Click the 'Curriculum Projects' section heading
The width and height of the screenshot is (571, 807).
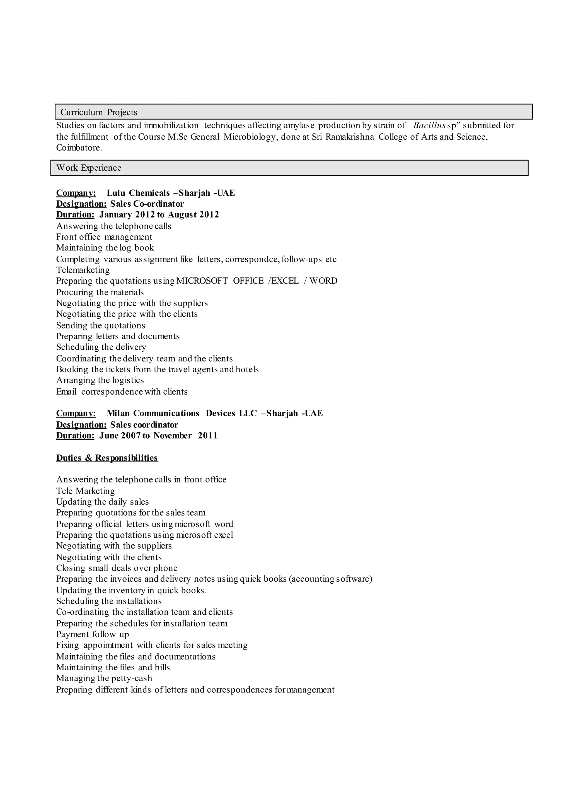click(x=99, y=112)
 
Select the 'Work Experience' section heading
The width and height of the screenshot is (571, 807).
click(x=89, y=168)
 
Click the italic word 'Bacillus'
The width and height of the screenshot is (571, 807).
click(x=429, y=125)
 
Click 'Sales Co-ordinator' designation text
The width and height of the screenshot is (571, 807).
click(x=147, y=204)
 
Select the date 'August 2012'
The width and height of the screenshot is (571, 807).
click(x=193, y=214)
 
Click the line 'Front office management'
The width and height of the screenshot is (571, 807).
click(x=104, y=237)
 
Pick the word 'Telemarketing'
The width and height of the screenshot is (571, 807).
click(x=83, y=270)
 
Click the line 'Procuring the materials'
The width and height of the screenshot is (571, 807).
click(x=100, y=292)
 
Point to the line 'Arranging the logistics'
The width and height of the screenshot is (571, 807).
click(x=100, y=380)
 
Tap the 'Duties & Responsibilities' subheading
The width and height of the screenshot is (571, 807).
click(x=107, y=458)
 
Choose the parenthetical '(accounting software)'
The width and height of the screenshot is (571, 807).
click(x=330, y=579)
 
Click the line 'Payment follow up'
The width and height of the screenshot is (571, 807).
click(x=93, y=634)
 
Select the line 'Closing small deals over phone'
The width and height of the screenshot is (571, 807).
click(x=117, y=568)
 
